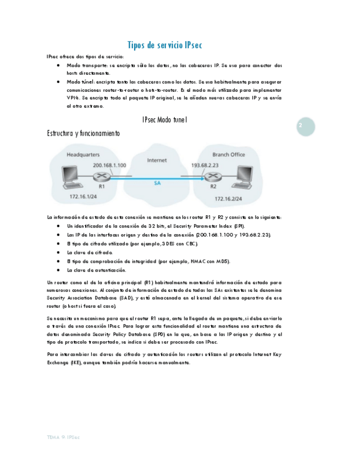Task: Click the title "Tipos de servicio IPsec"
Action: click(164, 45)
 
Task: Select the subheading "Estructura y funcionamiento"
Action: click(84, 134)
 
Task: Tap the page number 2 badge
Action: click(301, 126)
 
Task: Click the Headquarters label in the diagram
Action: click(83, 155)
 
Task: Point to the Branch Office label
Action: click(228, 155)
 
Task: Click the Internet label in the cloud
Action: click(157, 160)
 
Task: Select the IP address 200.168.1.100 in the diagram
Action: click(109, 165)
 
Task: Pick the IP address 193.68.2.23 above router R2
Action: click(205, 165)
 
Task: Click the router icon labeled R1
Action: click(101, 176)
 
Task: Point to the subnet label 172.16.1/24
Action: click(82, 197)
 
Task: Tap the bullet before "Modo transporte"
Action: click(58, 65)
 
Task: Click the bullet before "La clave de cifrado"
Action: click(58, 252)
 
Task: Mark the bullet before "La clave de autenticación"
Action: click(58, 270)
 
